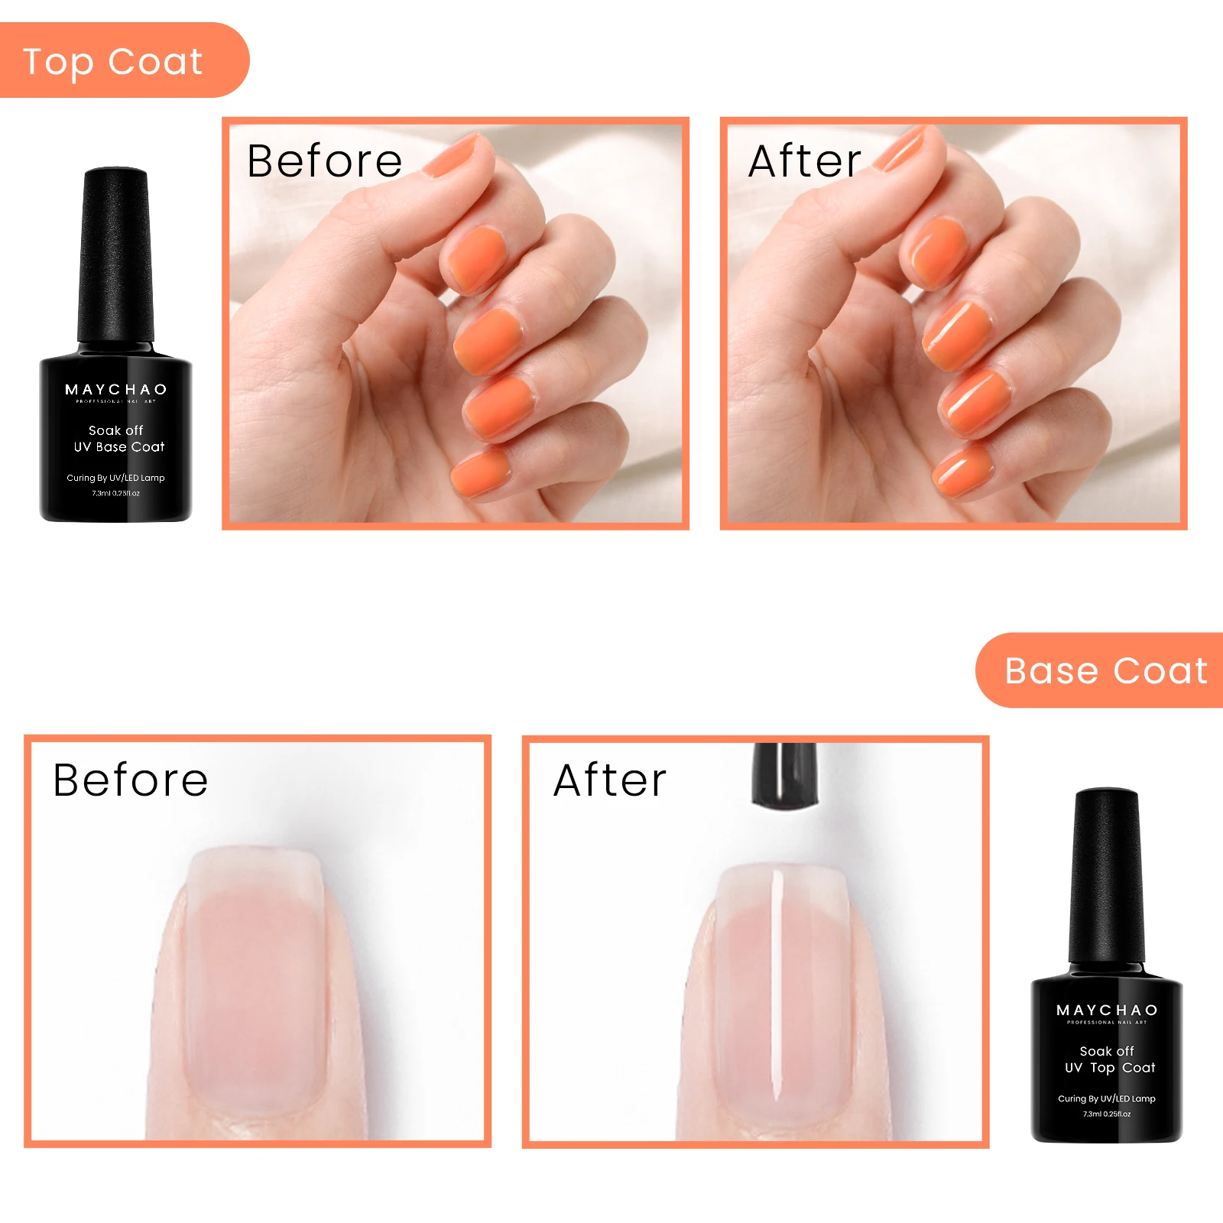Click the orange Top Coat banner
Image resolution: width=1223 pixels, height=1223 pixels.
coord(115,61)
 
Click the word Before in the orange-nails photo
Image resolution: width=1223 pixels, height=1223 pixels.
coord(325,161)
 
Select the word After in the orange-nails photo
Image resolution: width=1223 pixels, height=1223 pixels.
coord(804,161)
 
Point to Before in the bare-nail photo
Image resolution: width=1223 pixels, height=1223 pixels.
coord(131,780)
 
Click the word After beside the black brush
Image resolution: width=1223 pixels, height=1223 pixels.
coord(610,780)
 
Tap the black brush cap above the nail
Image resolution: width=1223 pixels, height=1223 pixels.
coord(783,774)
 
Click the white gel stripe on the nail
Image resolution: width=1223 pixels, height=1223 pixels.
coord(777,986)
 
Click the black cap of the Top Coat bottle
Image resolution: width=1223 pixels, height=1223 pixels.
coord(1106,878)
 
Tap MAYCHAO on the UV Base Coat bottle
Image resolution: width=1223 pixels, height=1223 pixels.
coord(115,390)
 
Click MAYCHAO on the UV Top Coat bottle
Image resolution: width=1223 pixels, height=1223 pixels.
coord(1107,1011)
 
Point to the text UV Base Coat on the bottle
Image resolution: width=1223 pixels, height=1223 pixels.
coord(118,447)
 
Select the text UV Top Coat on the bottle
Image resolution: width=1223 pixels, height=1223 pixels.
coord(1110,1068)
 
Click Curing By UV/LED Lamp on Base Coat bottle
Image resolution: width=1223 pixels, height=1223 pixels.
coord(115,478)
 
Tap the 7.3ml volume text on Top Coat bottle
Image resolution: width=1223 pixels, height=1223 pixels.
coord(1107,1114)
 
